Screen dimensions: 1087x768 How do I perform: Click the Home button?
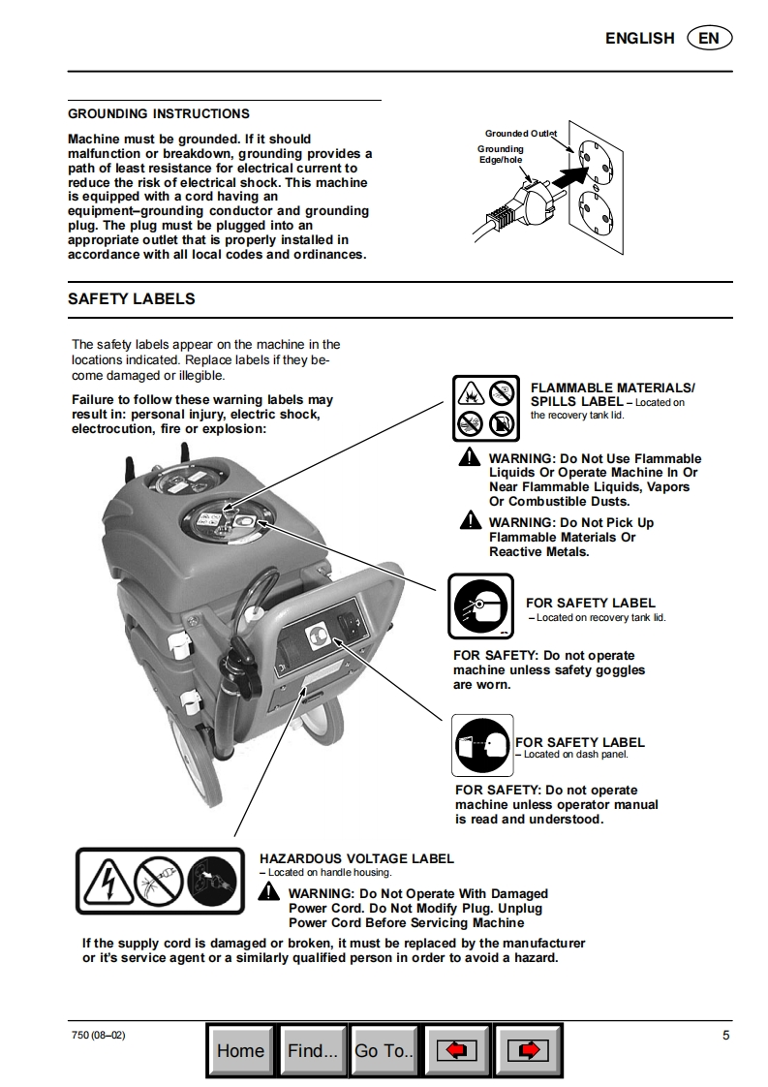241,1050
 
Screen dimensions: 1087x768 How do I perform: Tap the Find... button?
313,1050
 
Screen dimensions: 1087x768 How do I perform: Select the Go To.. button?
384,1050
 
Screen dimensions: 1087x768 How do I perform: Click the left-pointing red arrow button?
457,1050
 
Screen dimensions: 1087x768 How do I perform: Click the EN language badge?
709,38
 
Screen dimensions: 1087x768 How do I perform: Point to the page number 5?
726,1035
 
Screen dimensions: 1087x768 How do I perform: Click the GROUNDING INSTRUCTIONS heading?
159,114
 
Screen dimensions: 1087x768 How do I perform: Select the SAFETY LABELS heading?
132,299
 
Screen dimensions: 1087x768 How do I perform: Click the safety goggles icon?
480,606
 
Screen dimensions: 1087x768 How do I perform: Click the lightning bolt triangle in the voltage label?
106,883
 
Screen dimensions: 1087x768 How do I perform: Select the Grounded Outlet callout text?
520,133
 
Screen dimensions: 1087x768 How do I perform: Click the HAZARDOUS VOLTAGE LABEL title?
356,858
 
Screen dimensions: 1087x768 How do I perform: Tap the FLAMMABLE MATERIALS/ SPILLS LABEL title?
612,394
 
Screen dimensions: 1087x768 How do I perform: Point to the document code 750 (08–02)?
98,1035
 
